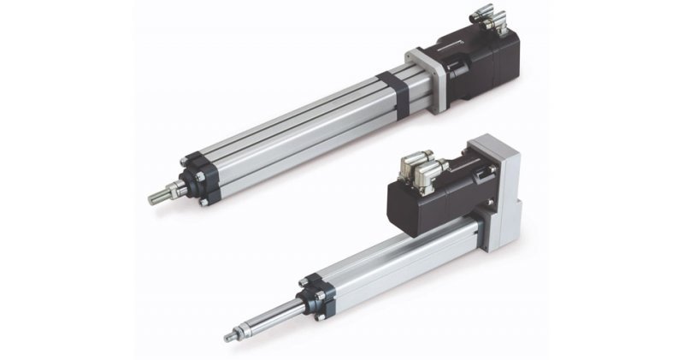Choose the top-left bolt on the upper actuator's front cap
[x=184, y=161]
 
